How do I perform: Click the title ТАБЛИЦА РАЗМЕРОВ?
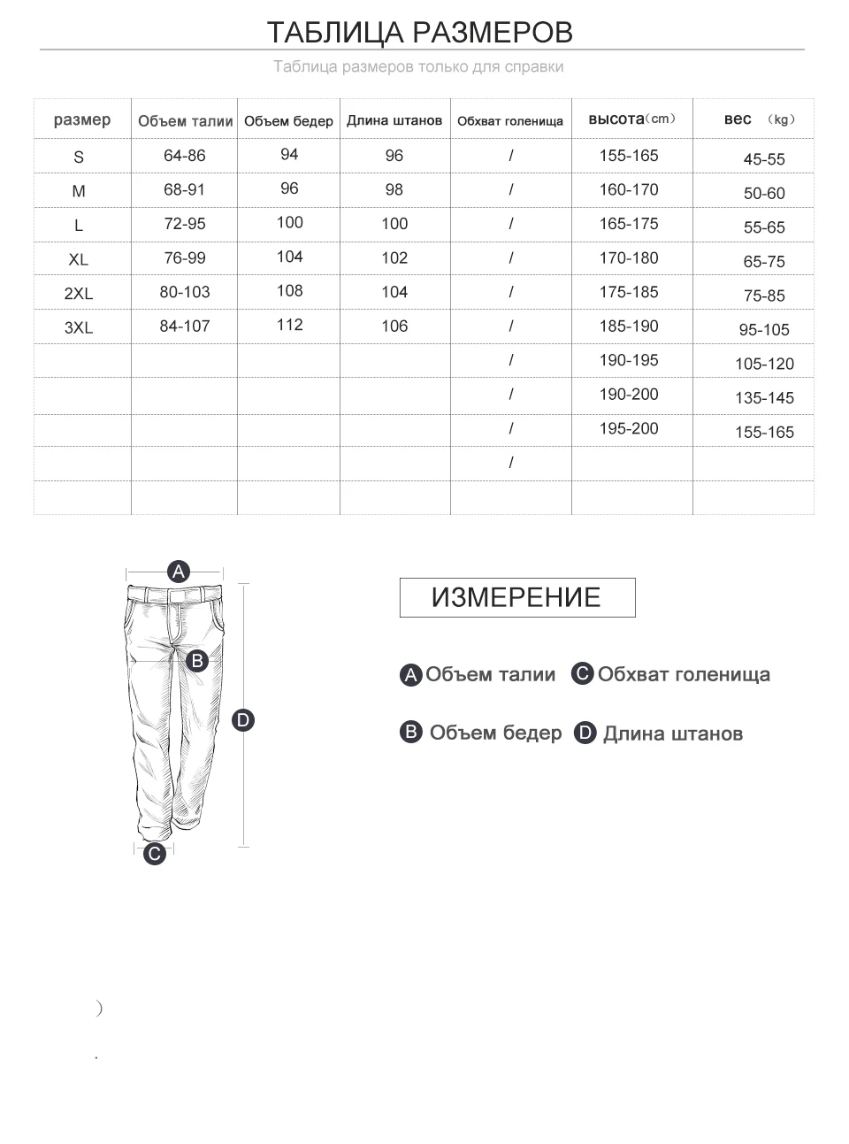pos(420,33)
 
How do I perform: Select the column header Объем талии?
pos(185,121)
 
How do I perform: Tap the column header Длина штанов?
pos(394,120)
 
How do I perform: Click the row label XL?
pos(79,259)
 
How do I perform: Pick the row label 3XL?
pos(79,327)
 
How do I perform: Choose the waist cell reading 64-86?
pos(185,156)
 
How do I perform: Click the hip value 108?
pos(289,291)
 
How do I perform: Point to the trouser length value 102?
pos(394,258)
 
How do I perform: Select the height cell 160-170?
pos(629,189)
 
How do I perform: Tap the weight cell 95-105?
pos(764,330)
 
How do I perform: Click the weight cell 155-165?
pos(764,433)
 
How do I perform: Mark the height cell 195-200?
pos(629,429)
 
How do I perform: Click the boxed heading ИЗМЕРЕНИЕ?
pos(516,597)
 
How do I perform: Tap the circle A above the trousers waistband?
pos(179,571)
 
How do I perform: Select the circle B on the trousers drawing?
pos(197,660)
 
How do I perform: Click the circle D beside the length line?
pos(243,720)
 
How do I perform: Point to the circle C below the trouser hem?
pos(155,854)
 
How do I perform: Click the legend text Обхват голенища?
pos(683,675)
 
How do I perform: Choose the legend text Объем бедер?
pos(495,733)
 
